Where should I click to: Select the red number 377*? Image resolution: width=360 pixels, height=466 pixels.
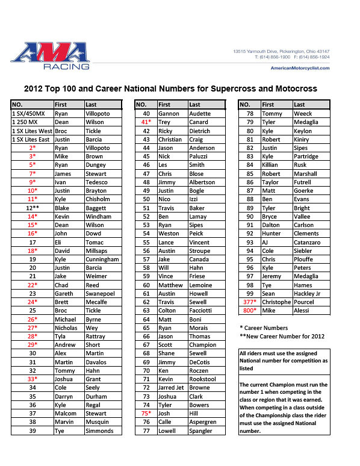[249, 302]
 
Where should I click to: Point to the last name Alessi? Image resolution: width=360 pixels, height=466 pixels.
[303, 310]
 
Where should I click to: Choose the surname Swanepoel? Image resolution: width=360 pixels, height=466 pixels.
[101, 293]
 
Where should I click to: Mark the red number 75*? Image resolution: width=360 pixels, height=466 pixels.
[146, 430]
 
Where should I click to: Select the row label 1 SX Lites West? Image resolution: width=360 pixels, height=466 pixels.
[32, 129]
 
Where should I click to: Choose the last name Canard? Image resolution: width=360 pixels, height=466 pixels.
[199, 121]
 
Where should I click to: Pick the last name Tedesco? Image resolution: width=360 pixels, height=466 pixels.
[97, 181]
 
